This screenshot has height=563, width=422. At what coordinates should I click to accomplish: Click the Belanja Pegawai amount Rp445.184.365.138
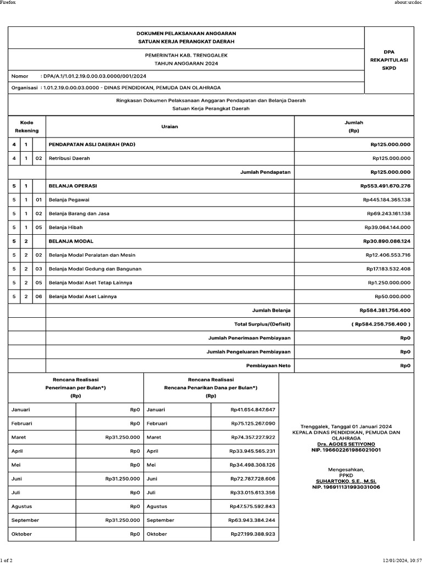click(x=387, y=200)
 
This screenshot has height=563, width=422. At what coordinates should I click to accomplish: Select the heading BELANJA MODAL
click(x=71, y=241)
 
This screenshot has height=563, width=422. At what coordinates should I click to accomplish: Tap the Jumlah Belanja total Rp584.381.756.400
click(x=385, y=311)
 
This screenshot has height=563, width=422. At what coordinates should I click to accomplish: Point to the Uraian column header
click(x=170, y=127)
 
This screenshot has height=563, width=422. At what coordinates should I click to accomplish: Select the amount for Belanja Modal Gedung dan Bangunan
click(x=388, y=269)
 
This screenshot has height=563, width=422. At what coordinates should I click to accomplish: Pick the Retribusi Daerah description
click(x=69, y=158)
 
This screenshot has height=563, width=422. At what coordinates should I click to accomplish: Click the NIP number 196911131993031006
click(x=346, y=487)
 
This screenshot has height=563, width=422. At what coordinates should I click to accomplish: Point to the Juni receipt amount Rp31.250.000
click(x=123, y=479)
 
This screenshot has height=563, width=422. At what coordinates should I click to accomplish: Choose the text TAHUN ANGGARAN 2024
click(x=186, y=64)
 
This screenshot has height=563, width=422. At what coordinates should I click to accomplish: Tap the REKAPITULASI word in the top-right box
click(x=393, y=60)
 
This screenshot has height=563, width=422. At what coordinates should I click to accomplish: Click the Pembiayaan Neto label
click(x=268, y=365)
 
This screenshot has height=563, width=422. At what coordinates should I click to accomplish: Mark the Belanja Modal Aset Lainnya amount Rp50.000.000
click(x=392, y=297)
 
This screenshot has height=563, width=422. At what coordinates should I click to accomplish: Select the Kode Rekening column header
click(x=27, y=127)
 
